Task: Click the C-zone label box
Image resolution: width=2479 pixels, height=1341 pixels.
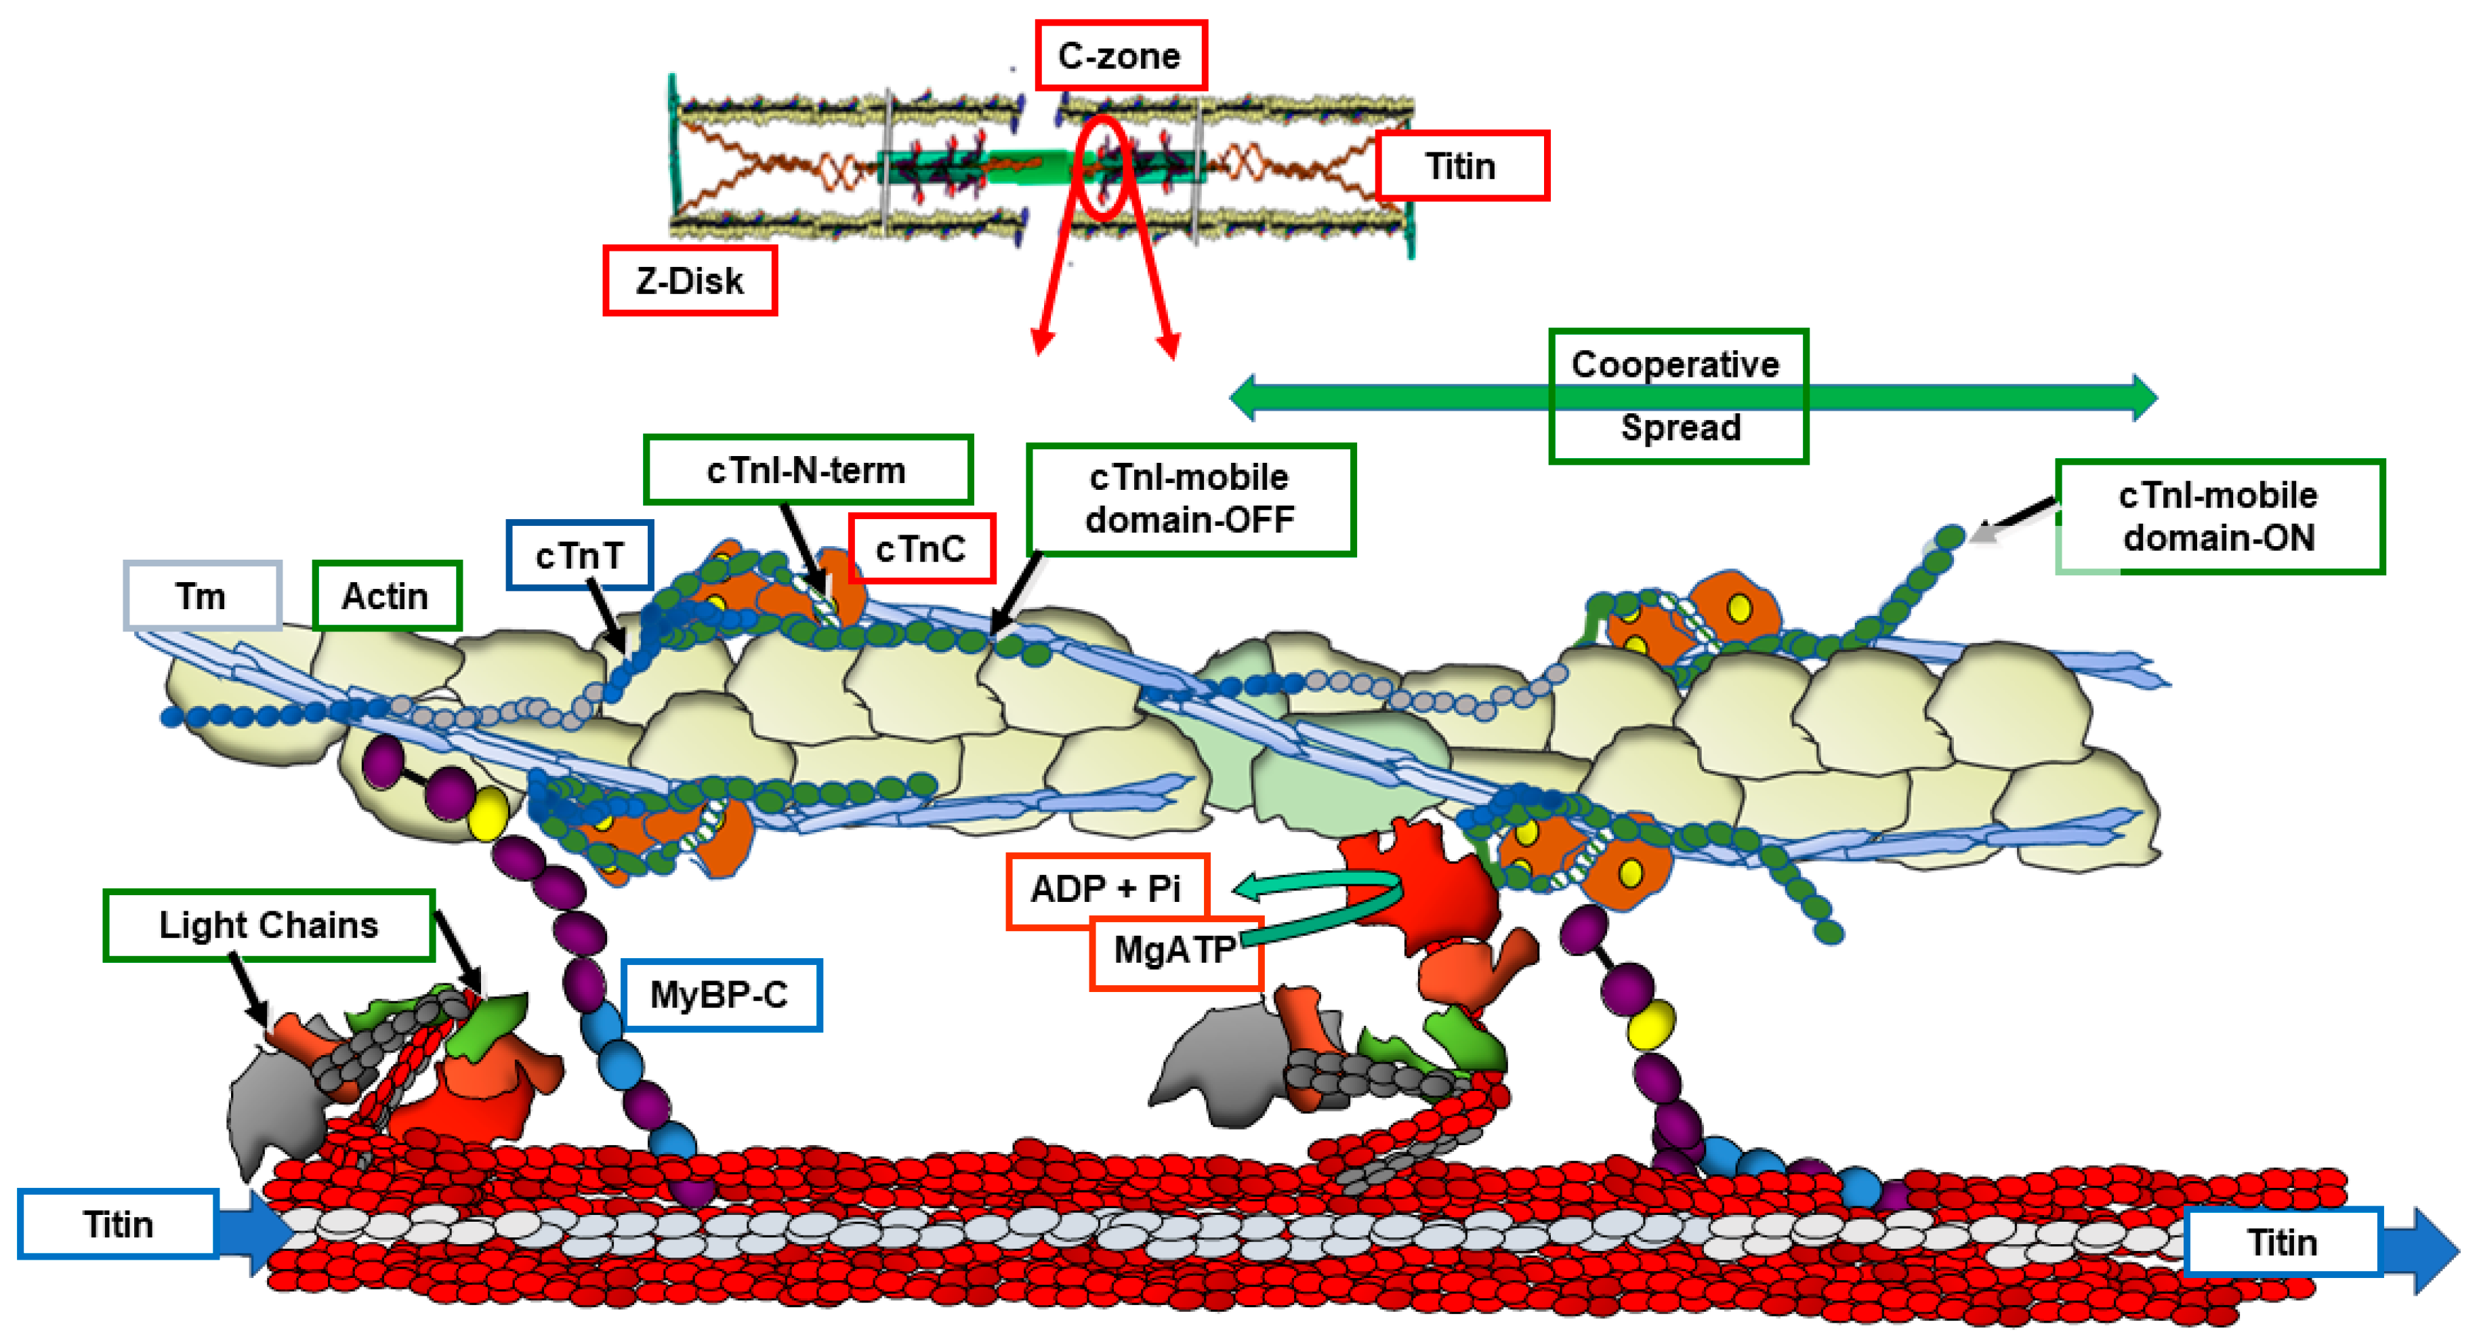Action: [1120, 56]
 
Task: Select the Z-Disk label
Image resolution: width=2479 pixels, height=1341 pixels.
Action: [689, 280]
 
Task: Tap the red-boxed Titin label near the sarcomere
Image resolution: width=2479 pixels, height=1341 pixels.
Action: [1461, 165]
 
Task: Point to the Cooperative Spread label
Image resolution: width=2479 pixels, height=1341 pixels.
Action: [1678, 396]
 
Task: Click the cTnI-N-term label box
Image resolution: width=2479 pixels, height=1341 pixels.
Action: [806, 470]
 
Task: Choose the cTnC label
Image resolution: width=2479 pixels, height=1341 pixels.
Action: [920, 549]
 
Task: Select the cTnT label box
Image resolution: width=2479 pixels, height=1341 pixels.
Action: [579, 556]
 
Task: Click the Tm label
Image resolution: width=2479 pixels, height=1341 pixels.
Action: [201, 596]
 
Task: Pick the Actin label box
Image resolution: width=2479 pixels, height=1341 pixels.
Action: [386, 596]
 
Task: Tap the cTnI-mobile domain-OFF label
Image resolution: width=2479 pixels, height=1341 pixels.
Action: [1190, 499]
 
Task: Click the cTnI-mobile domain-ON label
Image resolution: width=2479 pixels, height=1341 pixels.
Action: [2218, 516]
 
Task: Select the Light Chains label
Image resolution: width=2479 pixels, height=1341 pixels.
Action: [268, 925]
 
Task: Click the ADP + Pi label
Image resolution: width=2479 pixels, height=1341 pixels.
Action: [1106, 888]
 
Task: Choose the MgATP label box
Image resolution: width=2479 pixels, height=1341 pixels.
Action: [1174, 951]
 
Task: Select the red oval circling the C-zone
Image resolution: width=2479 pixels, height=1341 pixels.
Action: [1103, 167]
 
